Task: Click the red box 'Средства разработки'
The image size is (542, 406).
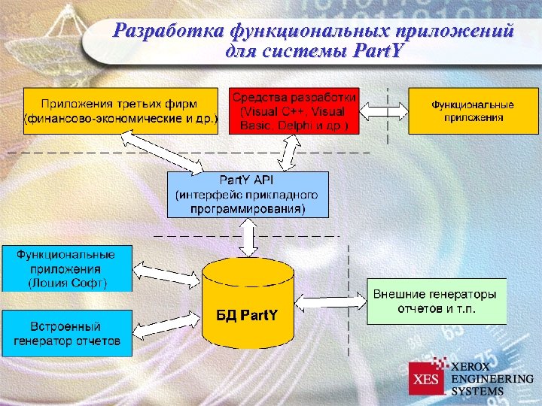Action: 294,111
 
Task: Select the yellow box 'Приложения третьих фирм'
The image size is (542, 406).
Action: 121,111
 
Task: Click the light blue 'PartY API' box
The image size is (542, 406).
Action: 248,194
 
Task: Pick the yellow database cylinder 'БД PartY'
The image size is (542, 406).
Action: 248,304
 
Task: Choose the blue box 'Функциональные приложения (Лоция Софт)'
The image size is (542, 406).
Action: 67,268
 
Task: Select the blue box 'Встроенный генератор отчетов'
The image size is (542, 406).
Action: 67,333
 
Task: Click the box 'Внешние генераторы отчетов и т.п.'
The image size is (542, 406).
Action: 436,301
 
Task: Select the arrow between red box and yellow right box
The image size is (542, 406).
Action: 384,111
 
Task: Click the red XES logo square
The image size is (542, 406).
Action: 427,378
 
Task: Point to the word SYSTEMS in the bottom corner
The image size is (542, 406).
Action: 477,391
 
